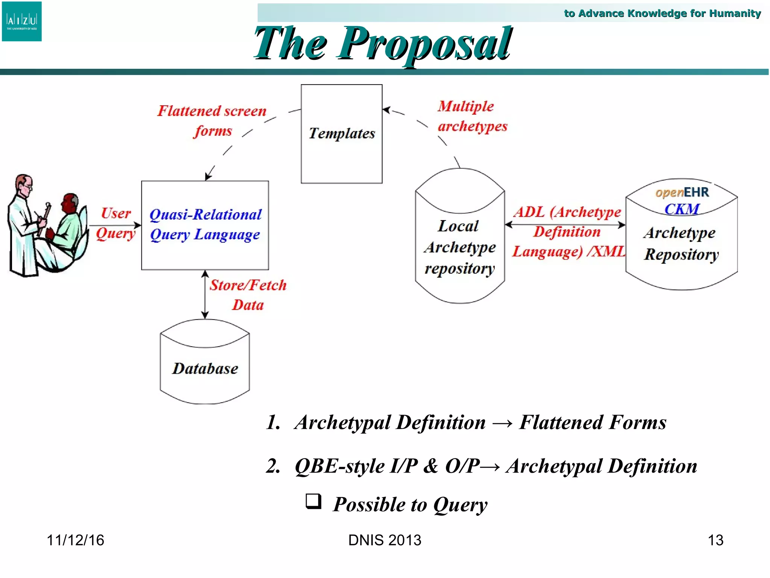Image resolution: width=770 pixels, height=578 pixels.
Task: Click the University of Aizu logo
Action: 22,21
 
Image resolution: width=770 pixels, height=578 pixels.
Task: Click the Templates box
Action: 341,134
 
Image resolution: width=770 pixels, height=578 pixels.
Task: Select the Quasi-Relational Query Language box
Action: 205,225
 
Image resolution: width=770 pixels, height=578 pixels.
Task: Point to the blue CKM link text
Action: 681,209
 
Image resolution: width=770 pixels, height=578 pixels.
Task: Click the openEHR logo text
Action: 682,192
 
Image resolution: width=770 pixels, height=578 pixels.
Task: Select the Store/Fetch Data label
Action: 248,295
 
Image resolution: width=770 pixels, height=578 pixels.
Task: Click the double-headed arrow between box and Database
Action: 205,294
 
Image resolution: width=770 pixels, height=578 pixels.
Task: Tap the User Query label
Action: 115,223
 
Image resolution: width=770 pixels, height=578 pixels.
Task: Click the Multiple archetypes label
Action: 472,116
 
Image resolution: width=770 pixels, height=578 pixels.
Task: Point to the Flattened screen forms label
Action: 212,120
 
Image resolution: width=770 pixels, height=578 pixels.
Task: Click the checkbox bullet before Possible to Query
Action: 313,501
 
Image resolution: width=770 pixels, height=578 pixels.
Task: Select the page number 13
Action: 715,540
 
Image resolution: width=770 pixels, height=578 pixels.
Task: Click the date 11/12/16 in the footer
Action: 75,540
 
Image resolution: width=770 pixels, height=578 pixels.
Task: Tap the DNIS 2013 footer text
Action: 385,540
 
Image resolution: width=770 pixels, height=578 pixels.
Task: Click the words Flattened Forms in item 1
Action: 593,422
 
